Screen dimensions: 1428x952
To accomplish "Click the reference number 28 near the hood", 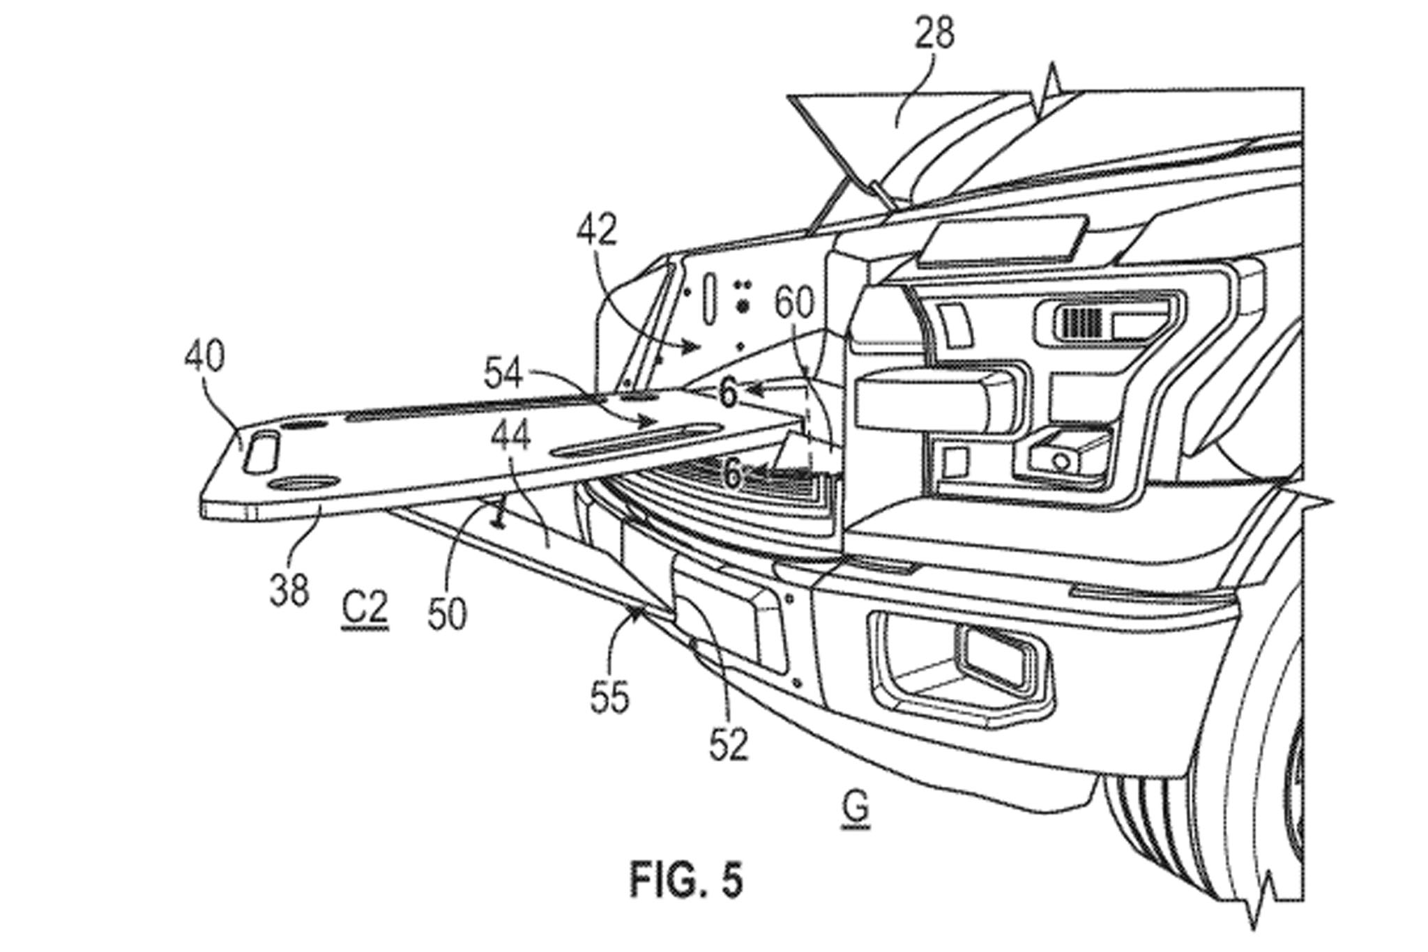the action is [x=934, y=34].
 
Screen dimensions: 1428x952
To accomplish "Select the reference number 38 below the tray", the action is [x=289, y=590].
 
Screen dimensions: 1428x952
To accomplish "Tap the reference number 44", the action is [x=510, y=437].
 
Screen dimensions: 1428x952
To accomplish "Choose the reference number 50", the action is [x=447, y=615].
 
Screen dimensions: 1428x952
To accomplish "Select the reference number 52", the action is [x=729, y=744].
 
